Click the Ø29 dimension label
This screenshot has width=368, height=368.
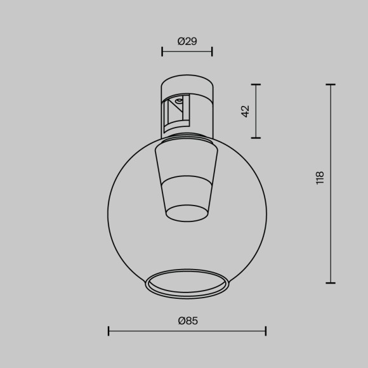[187, 41]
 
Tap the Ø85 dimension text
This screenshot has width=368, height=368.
[187, 321]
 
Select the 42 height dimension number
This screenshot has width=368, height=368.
[246, 110]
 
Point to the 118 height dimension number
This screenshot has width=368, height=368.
[320, 177]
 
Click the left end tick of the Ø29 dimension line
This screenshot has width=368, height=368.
[162, 52]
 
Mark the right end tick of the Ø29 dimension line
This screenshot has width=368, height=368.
[212, 52]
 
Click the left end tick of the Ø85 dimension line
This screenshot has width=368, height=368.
[108, 331]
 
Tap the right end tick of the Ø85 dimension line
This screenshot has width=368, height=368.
[265, 331]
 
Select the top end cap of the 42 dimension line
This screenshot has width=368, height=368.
[256, 84]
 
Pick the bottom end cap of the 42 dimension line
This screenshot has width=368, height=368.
[256, 138]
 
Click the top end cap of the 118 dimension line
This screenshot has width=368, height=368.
[330, 84]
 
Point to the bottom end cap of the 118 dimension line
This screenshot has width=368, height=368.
[330, 283]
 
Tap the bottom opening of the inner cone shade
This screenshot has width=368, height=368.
[187, 213]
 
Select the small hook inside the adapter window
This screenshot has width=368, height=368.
[180, 101]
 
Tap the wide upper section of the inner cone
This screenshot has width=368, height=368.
[187, 162]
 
